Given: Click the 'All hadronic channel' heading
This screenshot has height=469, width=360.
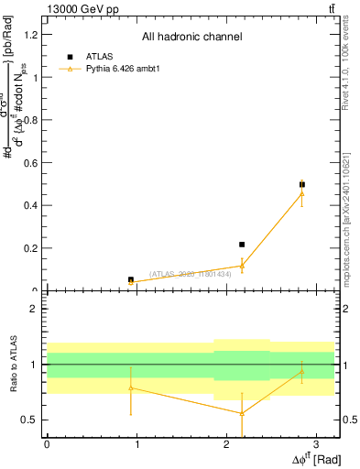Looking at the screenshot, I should pyautogui.click(x=191, y=38).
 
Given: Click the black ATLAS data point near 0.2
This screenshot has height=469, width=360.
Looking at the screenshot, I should pyautogui.click(x=242, y=245).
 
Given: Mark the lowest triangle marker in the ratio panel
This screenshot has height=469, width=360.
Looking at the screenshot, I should pyautogui.click(x=242, y=413).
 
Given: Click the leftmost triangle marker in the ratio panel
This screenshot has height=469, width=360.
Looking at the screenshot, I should pyautogui.click(x=131, y=388).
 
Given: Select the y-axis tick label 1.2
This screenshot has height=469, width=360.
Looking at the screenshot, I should pyautogui.click(x=32, y=35).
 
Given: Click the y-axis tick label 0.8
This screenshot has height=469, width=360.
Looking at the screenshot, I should pyautogui.click(x=32, y=120).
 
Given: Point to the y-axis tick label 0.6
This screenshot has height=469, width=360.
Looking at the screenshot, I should pyautogui.click(x=32, y=163).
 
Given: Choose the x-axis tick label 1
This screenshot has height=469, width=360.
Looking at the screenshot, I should pyautogui.click(x=136, y=443).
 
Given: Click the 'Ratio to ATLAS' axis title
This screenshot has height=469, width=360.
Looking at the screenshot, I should pyautogui.click(x=12, y=364).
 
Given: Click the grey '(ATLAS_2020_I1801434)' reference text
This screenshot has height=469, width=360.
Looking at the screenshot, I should pyautogui.click(x=190, y=273).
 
